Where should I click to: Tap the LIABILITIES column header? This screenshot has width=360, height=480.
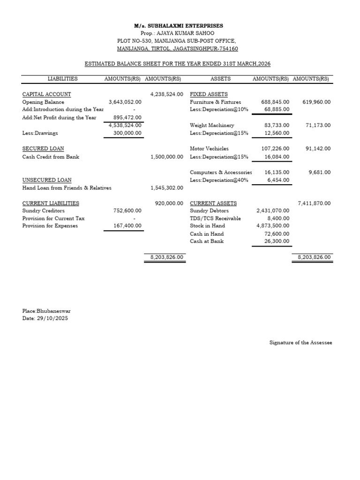(x=62, y=79)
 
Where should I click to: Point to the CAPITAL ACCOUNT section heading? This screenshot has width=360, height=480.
(x=47, y=94)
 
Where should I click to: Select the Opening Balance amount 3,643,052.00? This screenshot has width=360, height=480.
(x=125, y=102)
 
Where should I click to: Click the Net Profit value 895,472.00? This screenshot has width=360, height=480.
(x=127, y=117)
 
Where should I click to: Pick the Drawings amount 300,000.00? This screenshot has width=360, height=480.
(x=127, y=133)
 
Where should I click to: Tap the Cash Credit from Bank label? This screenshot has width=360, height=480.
(x=51, y=157)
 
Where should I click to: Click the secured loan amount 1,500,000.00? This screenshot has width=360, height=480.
(x=166, y=157)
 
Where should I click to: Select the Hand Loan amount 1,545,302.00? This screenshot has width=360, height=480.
(x=166, y=188)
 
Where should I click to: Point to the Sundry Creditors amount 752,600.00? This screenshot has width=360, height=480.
(x=127, y=211)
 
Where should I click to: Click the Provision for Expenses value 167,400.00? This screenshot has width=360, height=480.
(x=127, y=226)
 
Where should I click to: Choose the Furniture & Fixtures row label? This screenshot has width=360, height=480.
(x=215, y=102)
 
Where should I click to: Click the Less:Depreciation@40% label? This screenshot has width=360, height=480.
(x=219, y=180)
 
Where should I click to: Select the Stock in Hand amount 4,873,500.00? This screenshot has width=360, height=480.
(x=272, y=226)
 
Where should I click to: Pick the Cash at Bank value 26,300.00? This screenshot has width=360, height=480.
(x=276, y=241)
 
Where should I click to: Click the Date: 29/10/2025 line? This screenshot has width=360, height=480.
(x=42, y=318)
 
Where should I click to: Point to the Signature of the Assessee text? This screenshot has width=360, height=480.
(x=300, y=343)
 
